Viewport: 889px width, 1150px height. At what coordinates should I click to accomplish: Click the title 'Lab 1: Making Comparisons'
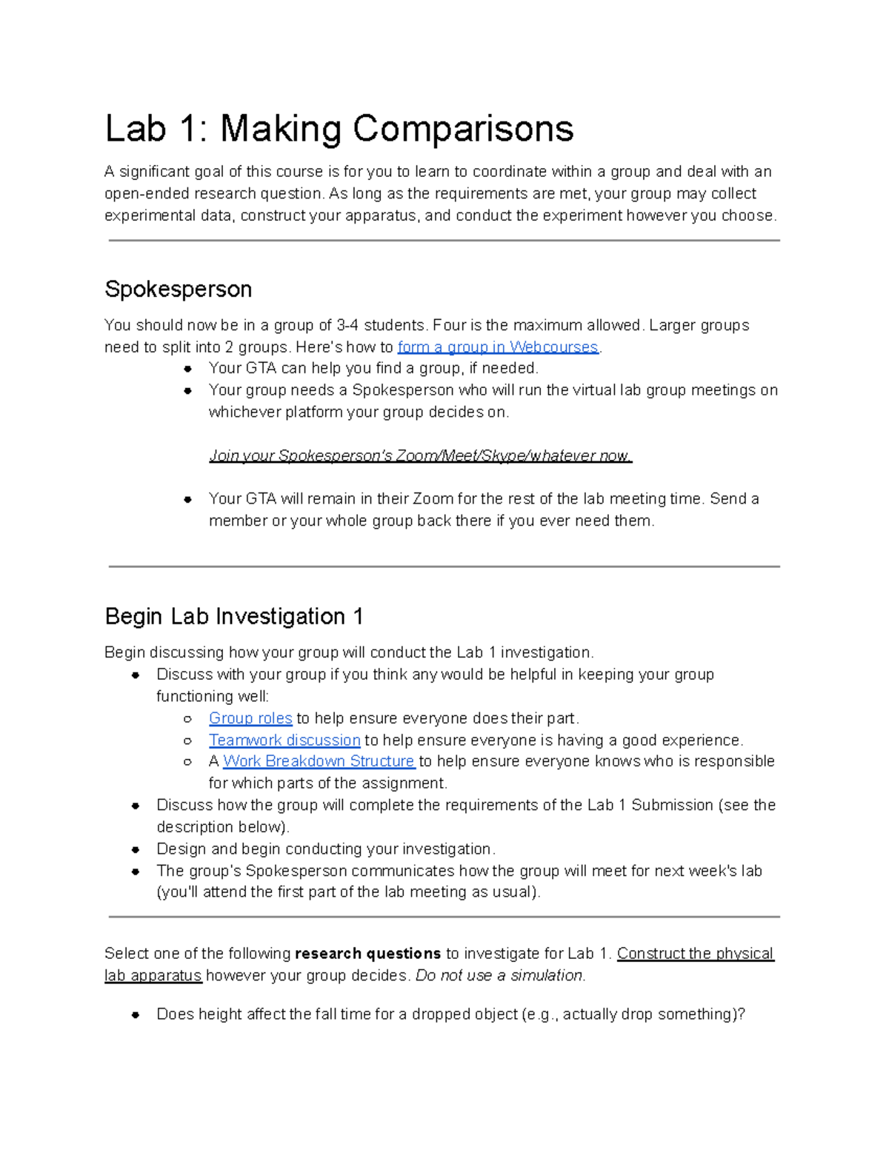point(339,129)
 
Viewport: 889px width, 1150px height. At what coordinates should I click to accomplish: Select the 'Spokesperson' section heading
point(178,289)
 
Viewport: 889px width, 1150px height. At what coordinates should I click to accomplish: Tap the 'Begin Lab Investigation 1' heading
point(233,616)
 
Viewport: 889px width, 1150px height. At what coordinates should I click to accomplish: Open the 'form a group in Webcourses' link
point(497,347)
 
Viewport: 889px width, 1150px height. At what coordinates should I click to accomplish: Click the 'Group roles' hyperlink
point(250,718)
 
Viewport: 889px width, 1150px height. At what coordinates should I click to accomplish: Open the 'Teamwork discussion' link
point(284,740)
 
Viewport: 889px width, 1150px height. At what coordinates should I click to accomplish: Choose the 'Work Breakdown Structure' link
point(319,761)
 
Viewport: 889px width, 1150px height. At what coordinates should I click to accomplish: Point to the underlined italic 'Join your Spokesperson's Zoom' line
point(420,455)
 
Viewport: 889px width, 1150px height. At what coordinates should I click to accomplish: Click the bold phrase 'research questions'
point(367,954)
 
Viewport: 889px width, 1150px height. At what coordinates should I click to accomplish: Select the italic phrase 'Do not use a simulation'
point(500,975)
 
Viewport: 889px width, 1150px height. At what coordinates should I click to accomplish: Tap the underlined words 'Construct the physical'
point(695,954)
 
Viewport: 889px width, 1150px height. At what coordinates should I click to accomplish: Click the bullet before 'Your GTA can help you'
point(188,369)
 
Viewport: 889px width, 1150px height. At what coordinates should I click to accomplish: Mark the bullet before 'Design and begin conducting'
point(136,849)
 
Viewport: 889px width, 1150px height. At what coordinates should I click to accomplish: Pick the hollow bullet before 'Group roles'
point(188,719)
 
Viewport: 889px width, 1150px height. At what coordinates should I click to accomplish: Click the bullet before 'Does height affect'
point(136,1014)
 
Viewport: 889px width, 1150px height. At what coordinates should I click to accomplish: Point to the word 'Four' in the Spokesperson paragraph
point(449,325)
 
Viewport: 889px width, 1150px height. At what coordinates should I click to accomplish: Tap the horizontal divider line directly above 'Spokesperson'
point(444,241)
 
